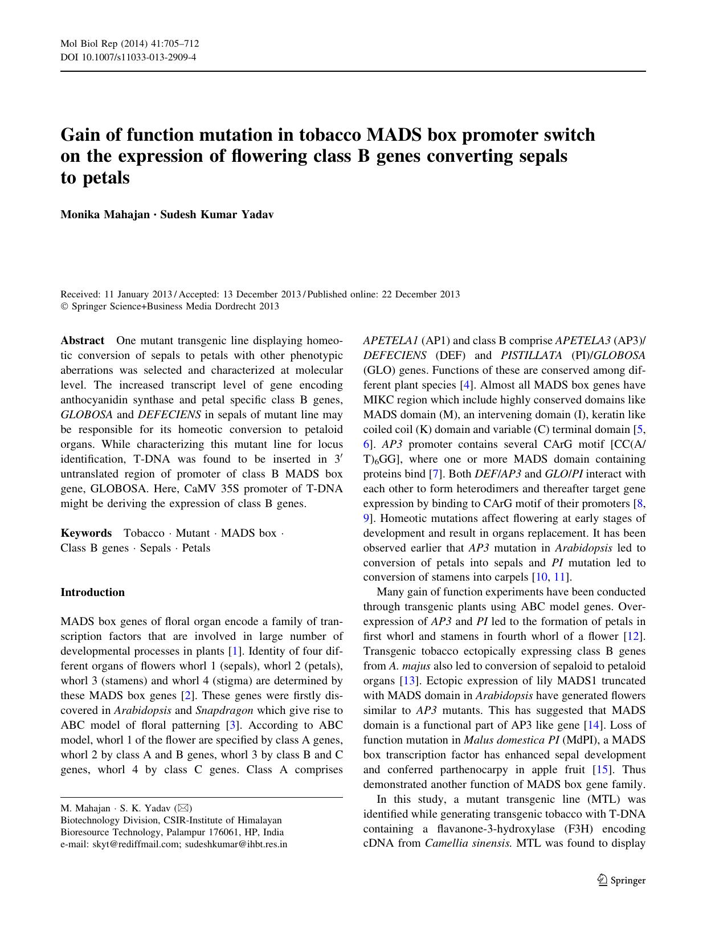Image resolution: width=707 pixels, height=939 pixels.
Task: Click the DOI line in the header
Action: (x=128, y=57)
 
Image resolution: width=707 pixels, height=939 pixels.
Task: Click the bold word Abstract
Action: (x=82, y=341)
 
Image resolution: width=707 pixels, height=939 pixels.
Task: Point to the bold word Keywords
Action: (x=86, y=533)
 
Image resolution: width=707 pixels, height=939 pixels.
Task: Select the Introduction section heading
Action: (x=92, y=593)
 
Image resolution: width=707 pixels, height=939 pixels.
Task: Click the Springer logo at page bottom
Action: (x=621, y=880)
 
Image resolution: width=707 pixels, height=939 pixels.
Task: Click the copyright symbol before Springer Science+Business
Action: (x=64, y=307)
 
